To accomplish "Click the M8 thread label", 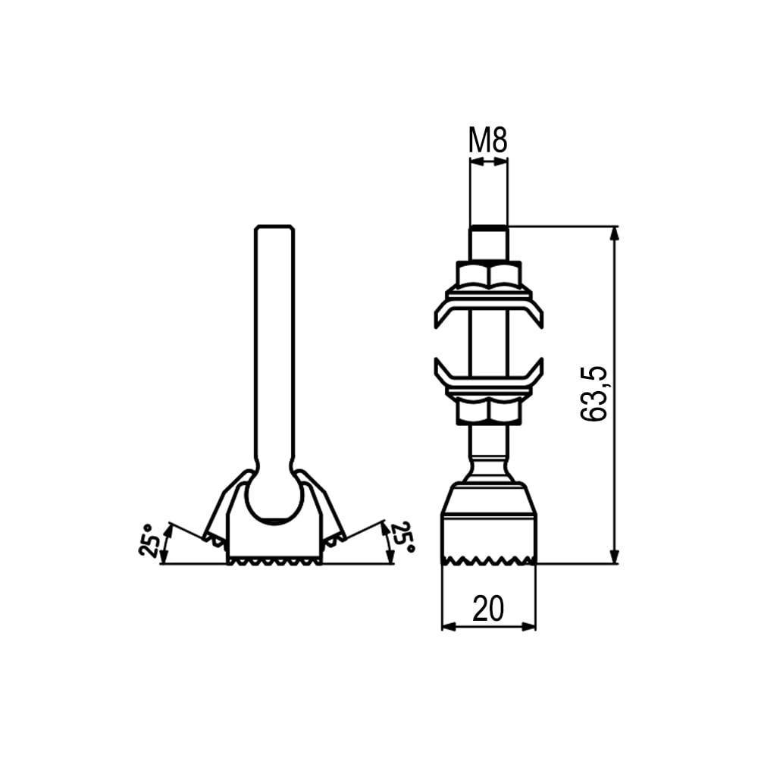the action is [x=487, y=140].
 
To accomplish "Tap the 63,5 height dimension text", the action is [x=594, y=394].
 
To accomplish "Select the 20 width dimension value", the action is [x=487, y=609].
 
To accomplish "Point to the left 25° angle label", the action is [x=148, y=540].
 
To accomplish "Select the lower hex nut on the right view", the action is [x=489, y=412].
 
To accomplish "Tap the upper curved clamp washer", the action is [x=489, y=309].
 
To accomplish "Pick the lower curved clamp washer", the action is [x=489, y=377].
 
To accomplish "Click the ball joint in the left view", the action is [x=274, y=498].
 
